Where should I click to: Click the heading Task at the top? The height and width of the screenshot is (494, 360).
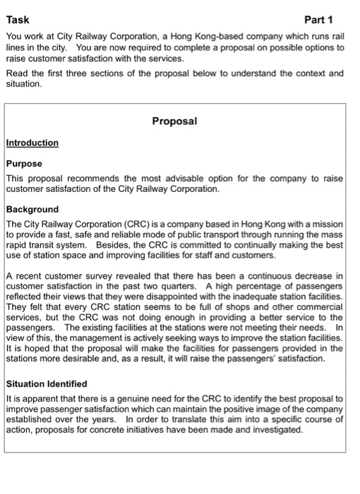pos(17,20)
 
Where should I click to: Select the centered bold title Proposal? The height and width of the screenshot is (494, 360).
pos(175,121)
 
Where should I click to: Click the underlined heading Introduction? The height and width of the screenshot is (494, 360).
pos(32,143)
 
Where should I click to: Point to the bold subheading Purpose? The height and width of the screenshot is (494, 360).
pos(25,163)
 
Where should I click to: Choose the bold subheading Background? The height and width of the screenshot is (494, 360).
pos(32,210)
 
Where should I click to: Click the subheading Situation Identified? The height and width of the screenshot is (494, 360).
pos(47,383)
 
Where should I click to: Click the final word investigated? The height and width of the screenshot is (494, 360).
pos(272,431)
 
